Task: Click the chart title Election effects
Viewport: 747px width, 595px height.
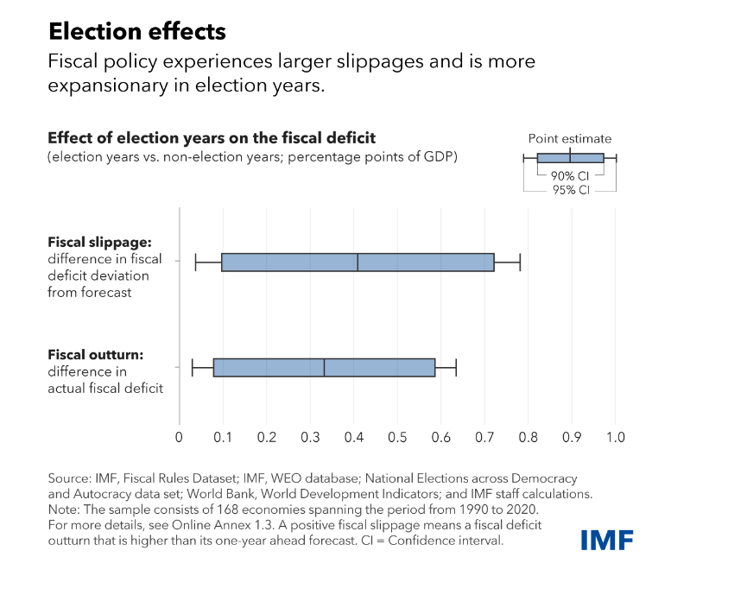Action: (x=136, y=32)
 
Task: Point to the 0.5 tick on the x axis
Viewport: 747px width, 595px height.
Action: (x=396, y=437)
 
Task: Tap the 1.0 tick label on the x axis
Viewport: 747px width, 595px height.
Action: (x=615, y=437)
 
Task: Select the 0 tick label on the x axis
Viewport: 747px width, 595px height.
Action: (x=179, y=437)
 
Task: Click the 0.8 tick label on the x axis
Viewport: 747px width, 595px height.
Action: (x=528, y=437)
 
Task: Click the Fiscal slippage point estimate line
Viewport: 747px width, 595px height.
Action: (x=358, y=262)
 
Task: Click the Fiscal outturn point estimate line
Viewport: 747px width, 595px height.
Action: (x=324, y=367)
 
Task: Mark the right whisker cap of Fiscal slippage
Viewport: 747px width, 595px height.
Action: (x=520, y=262)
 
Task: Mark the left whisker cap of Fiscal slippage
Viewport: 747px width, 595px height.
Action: (x=196, y=262)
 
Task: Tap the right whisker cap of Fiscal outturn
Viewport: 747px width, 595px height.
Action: (x=456, y=367)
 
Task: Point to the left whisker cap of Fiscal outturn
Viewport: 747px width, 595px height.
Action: (x=192, y=367)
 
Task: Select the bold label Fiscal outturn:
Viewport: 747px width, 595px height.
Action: (x=94, y=355)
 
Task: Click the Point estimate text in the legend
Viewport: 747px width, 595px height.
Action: (x=569, y=138)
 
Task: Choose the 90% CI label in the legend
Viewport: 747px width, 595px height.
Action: (x=569, y=176)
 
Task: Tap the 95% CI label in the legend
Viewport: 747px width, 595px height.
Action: (x=570, y=189)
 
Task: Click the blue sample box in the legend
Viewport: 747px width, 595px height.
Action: (x=570, y=158)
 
